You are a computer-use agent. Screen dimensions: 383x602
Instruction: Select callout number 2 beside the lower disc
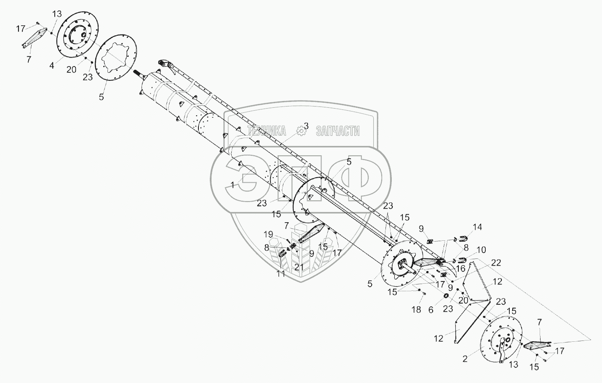[x=465, y=359]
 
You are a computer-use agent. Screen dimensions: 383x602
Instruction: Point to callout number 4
[x=51, y=66]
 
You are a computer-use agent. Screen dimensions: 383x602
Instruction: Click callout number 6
[x=430, y=309]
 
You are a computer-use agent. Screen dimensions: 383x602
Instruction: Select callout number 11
[x=281, y=274]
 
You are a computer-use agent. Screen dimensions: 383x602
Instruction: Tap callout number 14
[x=477, y=227]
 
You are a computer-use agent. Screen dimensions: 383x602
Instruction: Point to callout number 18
[x=416, y=310]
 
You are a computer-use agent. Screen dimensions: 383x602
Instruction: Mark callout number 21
[x=300, y=266]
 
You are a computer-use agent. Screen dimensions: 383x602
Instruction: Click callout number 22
[x=496, y=262]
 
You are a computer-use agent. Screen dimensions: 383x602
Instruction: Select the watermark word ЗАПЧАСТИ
[x=337, y=131]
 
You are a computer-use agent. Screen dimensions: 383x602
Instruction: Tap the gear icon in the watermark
[x=301, y=131]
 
